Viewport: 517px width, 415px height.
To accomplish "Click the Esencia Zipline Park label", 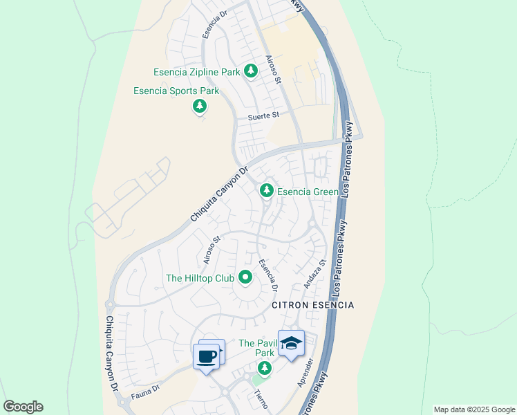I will point(196,72).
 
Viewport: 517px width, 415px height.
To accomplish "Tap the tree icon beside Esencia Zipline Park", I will point(250,71).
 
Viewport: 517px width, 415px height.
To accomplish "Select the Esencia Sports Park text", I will point(176,91).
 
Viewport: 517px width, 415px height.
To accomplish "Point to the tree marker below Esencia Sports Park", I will point(200,107).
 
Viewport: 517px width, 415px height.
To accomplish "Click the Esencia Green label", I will point(308,192).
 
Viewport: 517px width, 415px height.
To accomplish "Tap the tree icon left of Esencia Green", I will point(266,190).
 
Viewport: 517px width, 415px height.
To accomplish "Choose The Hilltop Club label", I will point(200,278).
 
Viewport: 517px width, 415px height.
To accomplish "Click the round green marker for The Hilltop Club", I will point(245,278).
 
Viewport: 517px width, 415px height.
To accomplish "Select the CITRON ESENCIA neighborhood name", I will point(312,305).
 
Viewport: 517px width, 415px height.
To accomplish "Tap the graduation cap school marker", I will point(291,344).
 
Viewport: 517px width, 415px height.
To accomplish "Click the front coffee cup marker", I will point(206,357).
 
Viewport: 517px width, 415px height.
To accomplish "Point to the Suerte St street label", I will point(263,116).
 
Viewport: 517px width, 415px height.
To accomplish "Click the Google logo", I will point(23,407).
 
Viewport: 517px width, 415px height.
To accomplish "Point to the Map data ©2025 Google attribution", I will point(473,409).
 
